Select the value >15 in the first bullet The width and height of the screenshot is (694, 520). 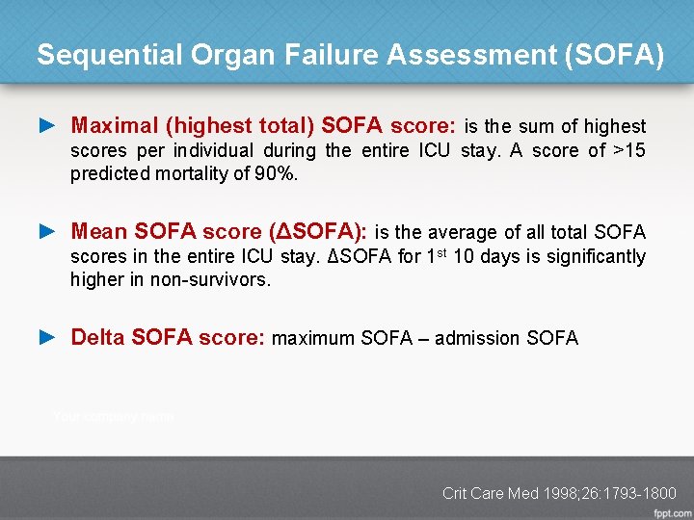[629, 150]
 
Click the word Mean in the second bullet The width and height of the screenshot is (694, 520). [98, 232]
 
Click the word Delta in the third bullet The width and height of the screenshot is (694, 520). [98, 338]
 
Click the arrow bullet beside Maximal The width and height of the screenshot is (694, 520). [48, 126]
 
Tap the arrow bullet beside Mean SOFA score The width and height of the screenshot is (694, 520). [48, 232]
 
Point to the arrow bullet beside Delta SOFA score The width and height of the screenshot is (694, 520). [48, 338]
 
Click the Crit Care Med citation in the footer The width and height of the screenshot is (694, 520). [559, 493]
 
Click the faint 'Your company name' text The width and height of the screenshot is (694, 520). [114, 417]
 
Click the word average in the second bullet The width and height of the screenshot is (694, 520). [459, 232]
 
